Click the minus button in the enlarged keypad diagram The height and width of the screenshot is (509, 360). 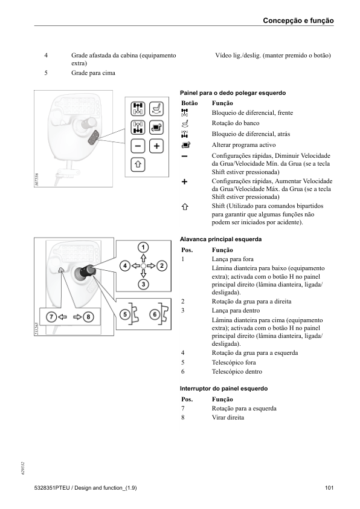click(x=138, y=146)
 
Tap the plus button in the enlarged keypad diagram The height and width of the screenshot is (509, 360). click(x=156, y=146)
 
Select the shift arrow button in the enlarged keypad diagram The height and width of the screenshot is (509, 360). click(x=138, y=164)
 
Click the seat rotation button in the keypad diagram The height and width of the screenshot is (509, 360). click(x=156, y=109)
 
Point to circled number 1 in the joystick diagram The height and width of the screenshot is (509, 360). click(x=143, y=247)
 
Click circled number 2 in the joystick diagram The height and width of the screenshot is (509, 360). click(x=161, y=266)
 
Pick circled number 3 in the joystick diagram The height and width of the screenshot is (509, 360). click(x=143, y=284)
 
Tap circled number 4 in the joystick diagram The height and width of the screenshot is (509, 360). click(x=125, y=266)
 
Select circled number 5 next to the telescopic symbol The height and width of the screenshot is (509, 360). click(x=125, y=314)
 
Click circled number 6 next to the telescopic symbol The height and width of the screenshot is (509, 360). click(x=155, y=314)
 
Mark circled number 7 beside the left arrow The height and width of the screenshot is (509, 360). click(x=51, y=317)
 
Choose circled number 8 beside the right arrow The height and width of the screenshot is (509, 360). click(x=88, y=317)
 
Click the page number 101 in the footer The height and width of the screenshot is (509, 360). click(x=329, y=488)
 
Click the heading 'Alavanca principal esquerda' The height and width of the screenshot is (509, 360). click(x=221, y=239)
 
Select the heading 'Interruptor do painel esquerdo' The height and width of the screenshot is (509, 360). click(x=223, y=389)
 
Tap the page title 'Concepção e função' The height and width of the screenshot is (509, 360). click(x=298, y=21)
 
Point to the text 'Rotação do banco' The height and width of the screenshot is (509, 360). click(x=236, y=123)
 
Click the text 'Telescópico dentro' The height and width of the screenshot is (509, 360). click(x=237, y=371)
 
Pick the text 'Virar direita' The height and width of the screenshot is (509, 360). click(x=228, y=418)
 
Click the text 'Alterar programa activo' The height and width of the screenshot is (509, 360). click(x=244, y=144)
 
